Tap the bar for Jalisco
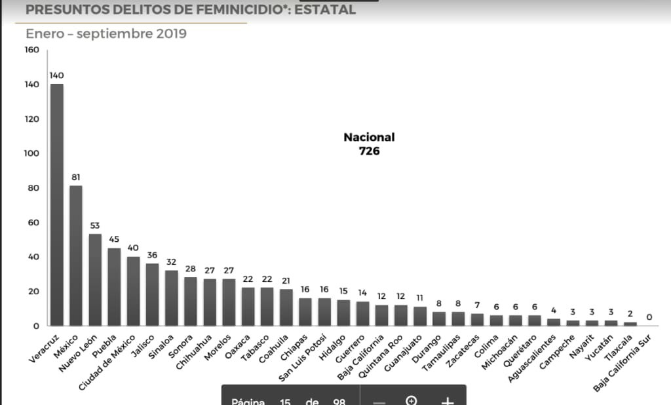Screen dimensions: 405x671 click(x=153, y=294)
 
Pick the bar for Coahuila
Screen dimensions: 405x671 click(x=286, y=307)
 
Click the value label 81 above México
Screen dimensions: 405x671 click(x=76, y=177)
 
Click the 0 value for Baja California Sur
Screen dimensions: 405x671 click(x=649, y=317)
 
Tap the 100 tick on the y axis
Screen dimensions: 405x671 click(x=31, y=153)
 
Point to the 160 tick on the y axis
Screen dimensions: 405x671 click(x=31, y=50)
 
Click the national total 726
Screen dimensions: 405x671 click(x=369, y=151)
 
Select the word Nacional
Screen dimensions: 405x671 click(x=369, y=138)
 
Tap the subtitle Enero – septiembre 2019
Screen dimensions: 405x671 click(x=105, y=33)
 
